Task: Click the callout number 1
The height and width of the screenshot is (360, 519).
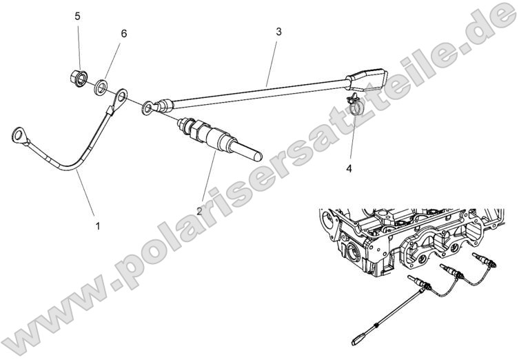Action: pyautogui.click(x=97, y=226)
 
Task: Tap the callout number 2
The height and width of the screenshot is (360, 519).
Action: pyautogui.click(x=199, y=211)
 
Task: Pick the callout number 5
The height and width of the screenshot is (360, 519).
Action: pyautogui.click(x=78, y=15)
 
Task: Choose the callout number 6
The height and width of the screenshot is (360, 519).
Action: pyautogui.click(x=123, y=32)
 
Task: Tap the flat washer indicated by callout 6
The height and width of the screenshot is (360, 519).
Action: pyautogui.click(x=101, y=86)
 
